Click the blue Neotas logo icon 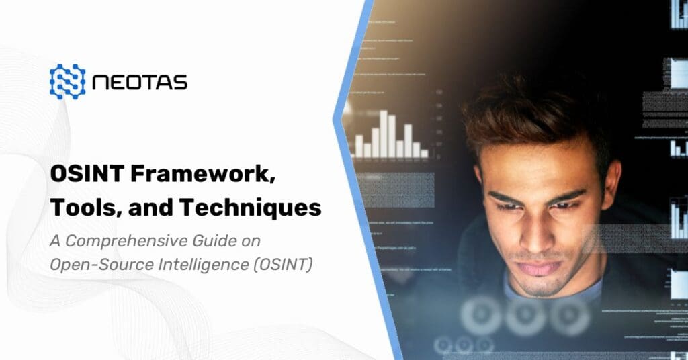click(x=67, y=82)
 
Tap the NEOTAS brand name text click(x=140, y=83)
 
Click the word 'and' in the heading click(x=148, y=208)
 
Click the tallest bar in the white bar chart click(x=384, y=134)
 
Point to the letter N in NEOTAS click(x=101, y=83)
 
